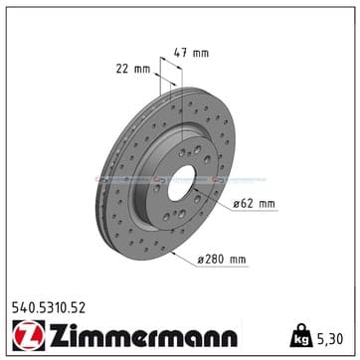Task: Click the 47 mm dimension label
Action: click(x=191, y=53)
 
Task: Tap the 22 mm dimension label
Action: click(x=133, y=70)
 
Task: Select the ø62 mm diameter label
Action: click(x=254, y=204)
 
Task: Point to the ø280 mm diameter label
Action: click(x=222, y=260)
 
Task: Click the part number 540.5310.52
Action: click(x=49, y=308)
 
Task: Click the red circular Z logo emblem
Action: click(x=29, y=335)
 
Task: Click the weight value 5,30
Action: click(x=330, y=339)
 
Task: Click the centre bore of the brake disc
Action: click(x=181, y=183)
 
